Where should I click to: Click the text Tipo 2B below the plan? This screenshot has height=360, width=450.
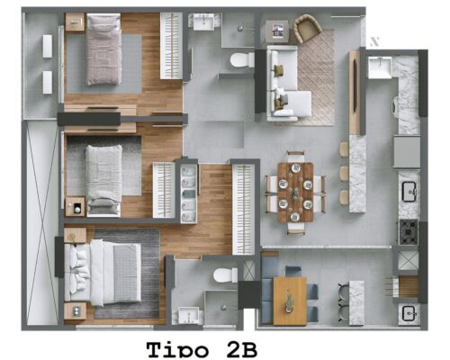pos(202,350)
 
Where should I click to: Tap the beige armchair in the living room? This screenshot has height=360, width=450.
pos(308,29)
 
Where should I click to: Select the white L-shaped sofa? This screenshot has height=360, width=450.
pos(285,83)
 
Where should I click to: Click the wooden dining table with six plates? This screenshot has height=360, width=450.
pos(295,193)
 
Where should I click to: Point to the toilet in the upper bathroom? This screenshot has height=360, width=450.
pos(242,60)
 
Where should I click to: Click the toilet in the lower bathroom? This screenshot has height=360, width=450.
pos(225,275)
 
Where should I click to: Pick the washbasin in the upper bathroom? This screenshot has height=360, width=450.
pos(203,22)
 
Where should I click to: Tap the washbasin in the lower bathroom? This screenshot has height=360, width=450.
pos(188,315)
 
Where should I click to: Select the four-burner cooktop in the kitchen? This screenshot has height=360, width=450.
pos(408,232)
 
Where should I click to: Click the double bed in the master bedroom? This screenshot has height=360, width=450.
pos(103,273)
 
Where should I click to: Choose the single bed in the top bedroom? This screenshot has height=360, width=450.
pos(103,49)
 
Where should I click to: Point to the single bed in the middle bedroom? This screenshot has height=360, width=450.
pos(103,180)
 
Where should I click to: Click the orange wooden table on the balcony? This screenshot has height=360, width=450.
pos(290,301)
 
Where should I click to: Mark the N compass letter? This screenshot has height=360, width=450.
pos(374,41)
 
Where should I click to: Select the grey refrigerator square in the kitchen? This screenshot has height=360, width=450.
pos(407,152)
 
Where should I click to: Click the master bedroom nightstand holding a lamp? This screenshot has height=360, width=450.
pos(75,235)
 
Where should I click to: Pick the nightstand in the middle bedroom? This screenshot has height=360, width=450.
pos(75,206)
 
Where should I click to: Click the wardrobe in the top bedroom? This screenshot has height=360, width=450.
pos(171,46)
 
